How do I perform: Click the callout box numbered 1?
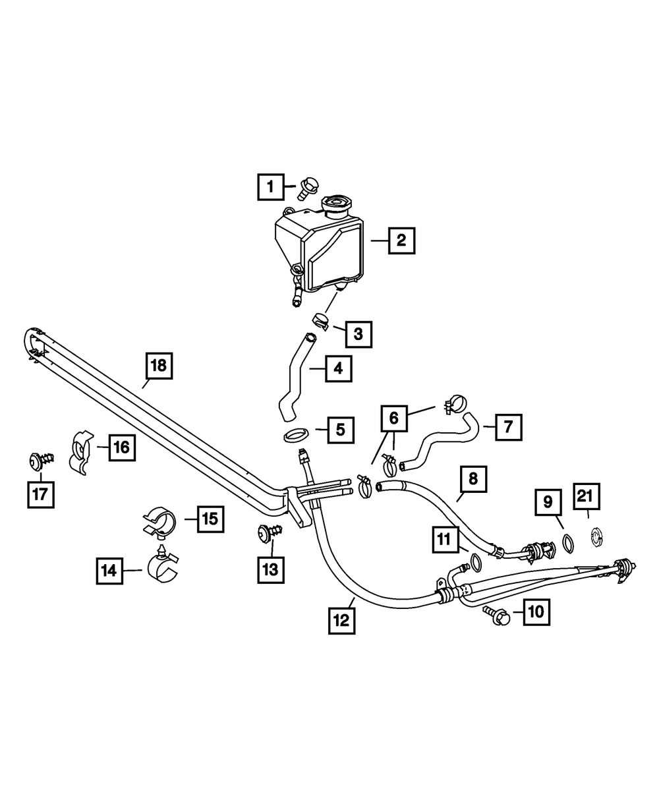pos(270,186)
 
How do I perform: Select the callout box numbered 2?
pos(401,241)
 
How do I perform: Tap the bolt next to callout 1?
pos(307,189)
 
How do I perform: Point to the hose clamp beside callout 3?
pos(321,321)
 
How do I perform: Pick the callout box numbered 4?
pos(338,368)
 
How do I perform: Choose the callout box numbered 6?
pos(394,418)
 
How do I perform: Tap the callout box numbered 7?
pos(508,426)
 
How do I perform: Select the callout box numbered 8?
pos(473,480)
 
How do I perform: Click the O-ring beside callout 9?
pos(566,541)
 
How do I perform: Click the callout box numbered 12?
pos(343,620)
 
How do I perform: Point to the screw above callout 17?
pos(39,461)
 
